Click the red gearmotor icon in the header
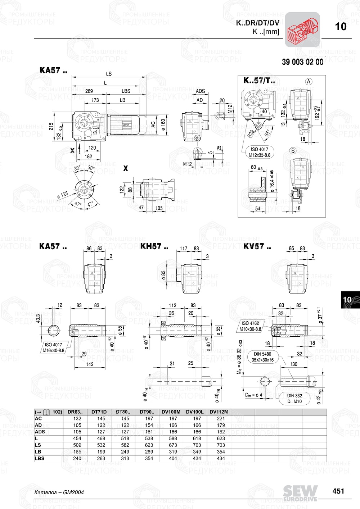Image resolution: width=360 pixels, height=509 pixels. pos(302,30)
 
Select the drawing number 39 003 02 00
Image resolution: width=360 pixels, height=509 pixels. pos(302,62)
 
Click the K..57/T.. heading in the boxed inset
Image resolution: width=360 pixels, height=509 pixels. pos(259,81)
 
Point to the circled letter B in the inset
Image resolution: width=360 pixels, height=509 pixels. pos(293,151)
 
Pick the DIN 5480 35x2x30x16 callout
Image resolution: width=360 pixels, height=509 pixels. pos(262,357)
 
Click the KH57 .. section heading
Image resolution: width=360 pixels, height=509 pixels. pos(154,247)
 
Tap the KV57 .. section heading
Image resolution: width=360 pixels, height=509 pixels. pos(257,247)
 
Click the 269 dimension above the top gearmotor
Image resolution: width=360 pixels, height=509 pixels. pos(89,91)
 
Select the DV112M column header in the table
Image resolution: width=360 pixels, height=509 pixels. pos(219,412)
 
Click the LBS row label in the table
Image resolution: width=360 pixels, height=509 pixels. pos(39,458)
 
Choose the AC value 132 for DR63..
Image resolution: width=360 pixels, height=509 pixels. pos(77,419)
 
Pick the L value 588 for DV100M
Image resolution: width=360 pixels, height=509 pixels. pos(173,438)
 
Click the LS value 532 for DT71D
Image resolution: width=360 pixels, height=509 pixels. pos(101,445)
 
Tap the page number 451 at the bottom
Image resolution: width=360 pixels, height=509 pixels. pos(338,491)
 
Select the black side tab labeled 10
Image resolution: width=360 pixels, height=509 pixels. pos(348,300)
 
